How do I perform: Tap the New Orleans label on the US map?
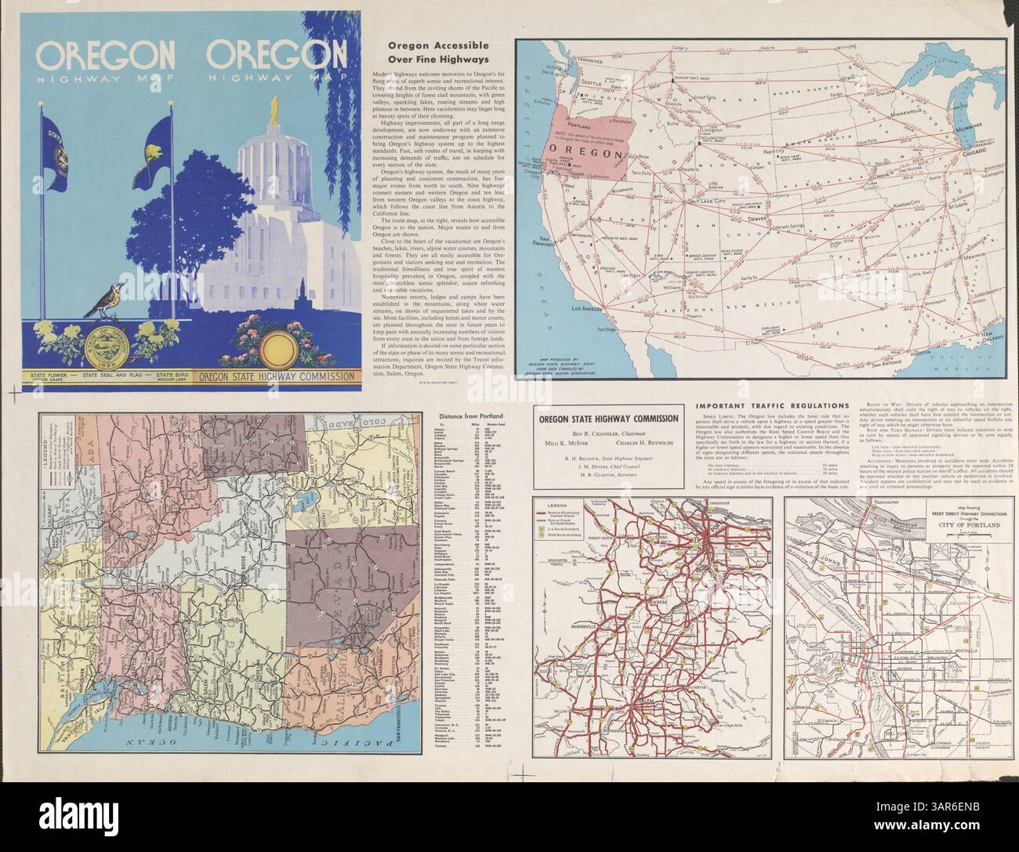click(x=988, y=339)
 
